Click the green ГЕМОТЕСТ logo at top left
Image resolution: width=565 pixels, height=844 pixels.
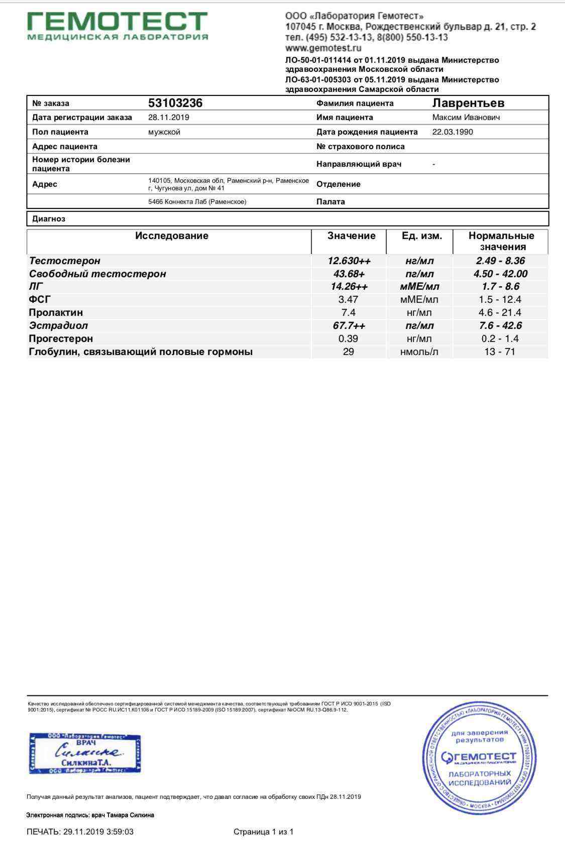(117, 25)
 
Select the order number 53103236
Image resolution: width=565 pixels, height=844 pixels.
(175, 103)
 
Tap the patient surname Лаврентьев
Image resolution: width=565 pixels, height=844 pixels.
(468, 103)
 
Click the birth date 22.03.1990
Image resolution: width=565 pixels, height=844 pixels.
(453, 132)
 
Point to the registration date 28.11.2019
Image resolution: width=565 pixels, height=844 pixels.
(169, 117)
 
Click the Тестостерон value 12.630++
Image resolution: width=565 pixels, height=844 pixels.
(349, 261)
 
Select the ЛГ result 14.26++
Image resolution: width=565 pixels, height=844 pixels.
(349, 287)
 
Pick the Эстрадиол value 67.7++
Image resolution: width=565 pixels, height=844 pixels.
(349, 325)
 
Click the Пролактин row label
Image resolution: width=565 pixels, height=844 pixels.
(56, 312)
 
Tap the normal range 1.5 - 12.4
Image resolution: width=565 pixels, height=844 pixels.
(500, 300)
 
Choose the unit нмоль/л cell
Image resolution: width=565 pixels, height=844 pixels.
(419, 351)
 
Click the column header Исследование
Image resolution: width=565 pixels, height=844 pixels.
(172, 236)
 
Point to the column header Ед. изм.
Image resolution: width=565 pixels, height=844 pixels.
(422, 236)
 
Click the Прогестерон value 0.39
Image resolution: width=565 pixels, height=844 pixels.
(349, 338)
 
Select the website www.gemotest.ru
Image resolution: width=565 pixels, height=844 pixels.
(323, 48)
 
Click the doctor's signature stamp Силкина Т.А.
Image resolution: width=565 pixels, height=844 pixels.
(85, 753)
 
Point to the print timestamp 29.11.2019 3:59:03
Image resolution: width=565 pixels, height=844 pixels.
(98, 832)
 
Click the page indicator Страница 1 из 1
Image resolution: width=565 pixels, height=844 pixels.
(264, 832)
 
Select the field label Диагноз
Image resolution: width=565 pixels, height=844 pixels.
(49, 219)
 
